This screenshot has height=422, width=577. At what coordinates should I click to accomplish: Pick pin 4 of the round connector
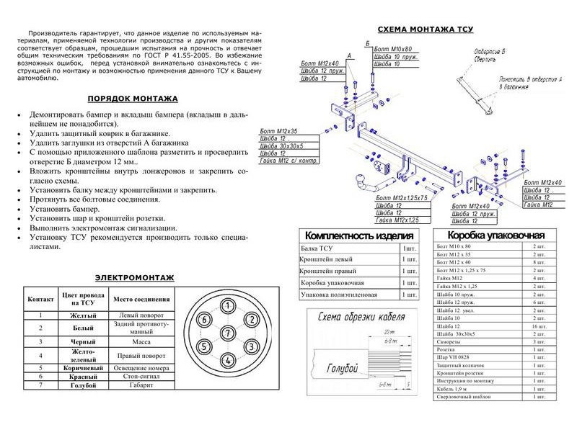point(228,359)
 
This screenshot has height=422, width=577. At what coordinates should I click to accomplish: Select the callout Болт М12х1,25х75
point(401,197)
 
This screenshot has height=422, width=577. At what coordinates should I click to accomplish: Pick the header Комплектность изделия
point(359,236)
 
